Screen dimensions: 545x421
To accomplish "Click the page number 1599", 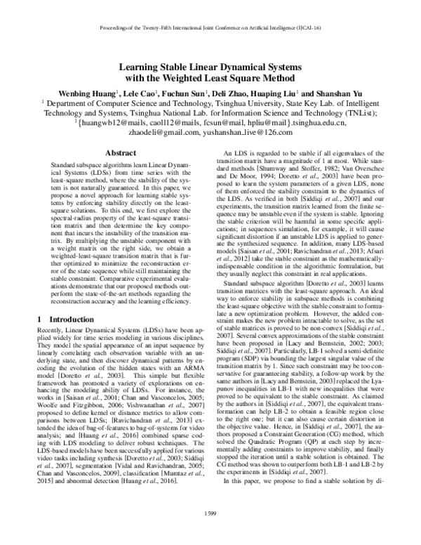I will [210, 534].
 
